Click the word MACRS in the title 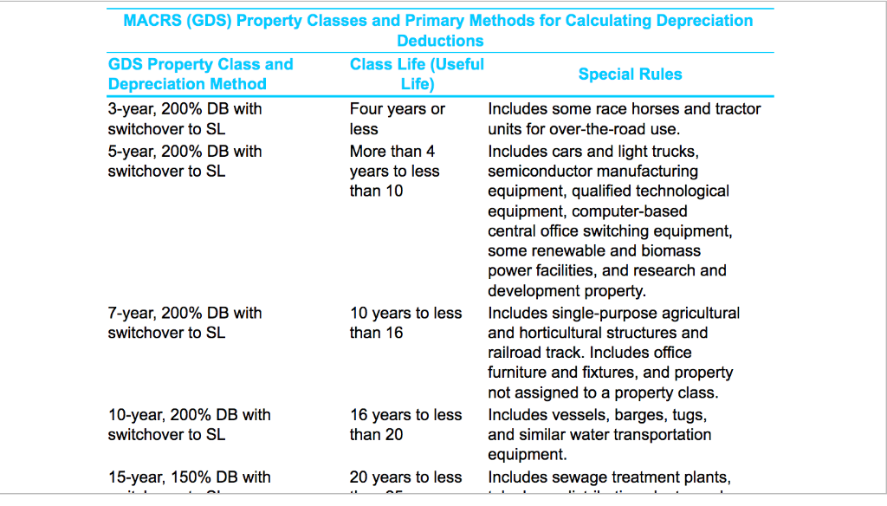pyautogui.click(x=152, y=21)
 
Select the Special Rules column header pyautogui.click(x=630, y=75)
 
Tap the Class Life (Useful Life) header pyautogui.click(x=417, y=75)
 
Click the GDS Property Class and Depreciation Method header pyautogui.click(x=200, y=75)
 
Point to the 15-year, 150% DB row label pyautogui.click(x=189, y=477)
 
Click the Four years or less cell pyautogui.click(x=397, y=119)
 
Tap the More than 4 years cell pyautogui.click(x=394, y=171)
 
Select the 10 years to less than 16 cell pyautogui.click(x=405, y=322)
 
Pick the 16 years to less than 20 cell pyautogui.click(x=405, y=425)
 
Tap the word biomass pyautogui.click(x=673, y=251)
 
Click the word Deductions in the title pyautogui.click(x=440, y=41)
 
